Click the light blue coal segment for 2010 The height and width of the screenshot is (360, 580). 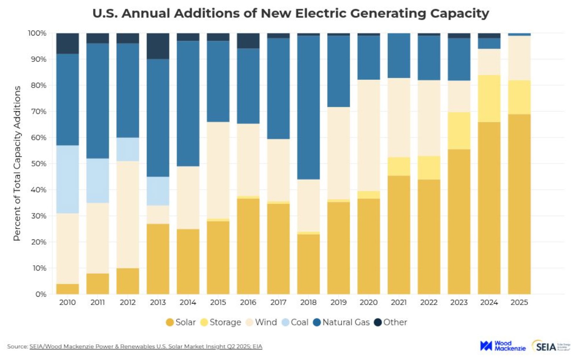tap(67, 179)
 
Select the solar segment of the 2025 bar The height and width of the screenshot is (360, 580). tap(519, 204)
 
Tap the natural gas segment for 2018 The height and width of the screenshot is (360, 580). tap(308, 107)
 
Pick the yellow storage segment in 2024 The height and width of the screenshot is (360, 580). tap(489, 99)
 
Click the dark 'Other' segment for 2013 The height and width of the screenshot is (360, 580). tap(158, 46)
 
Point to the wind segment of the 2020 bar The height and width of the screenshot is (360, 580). tap(369, 135)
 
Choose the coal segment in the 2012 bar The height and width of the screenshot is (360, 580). tap(128, 149)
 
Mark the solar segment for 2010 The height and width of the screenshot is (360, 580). tap(67, 289)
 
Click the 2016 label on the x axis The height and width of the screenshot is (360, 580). tap(248, 302)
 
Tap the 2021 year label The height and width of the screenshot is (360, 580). tap(399, 302)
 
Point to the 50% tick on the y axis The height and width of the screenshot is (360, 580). tap(39, 164)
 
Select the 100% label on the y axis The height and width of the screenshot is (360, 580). tap(37, 33)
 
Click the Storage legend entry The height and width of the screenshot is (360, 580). tap(221, 322)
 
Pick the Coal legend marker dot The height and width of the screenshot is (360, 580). tap(285, 322)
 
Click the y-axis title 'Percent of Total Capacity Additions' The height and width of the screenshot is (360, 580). tap(17, 163)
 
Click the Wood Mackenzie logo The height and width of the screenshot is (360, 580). tap(502, 346)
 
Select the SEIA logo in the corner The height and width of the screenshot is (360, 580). tap(550, 346)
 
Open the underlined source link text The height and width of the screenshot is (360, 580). tap(146, 346)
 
